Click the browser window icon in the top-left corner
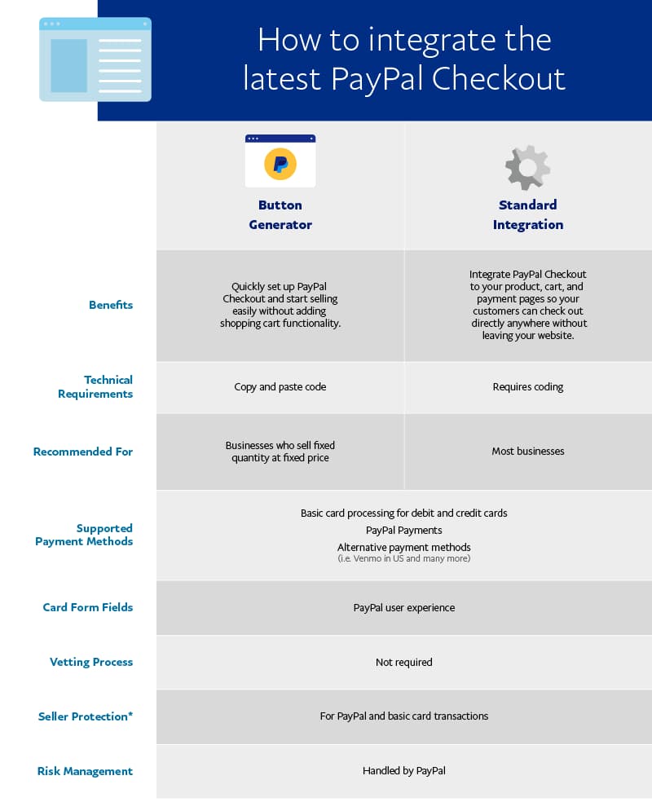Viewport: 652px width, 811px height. click(x=95, y=60)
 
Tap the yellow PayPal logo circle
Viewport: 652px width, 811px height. click(x=280, y=165)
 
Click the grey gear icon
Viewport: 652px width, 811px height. click(x=527, y=168)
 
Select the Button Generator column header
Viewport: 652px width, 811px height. click(x=280, y=214)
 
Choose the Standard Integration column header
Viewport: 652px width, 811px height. click(x=527, y=214)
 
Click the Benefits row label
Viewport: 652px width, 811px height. click(x=111, y=305)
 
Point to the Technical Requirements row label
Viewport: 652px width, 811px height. click(x=95, y=386)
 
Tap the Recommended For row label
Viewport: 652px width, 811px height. click(x=83, y=452)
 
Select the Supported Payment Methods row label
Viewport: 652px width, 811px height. click(x=84, y=535)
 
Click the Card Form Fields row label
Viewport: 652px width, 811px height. click(x=88, y=607)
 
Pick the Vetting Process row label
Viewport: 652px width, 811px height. click(x=91, y=662)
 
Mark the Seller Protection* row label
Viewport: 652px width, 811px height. click(x=86, y=716)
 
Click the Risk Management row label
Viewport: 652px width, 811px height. click(x=85, y=771)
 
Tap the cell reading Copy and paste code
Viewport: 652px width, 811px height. click(x=280, y=386)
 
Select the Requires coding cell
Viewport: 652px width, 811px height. click(x=527, y=386)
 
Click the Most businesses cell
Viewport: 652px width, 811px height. click(x=527, y=451)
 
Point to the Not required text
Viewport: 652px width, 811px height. click(x=403, y=662)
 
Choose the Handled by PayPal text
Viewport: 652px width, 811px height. click(x=403, y=770)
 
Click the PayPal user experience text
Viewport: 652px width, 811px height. click(x=403, y=607)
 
